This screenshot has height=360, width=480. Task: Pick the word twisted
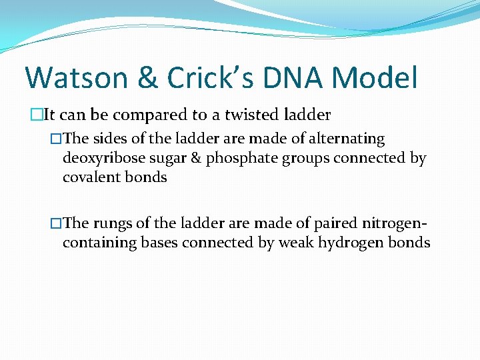coord(251,115)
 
